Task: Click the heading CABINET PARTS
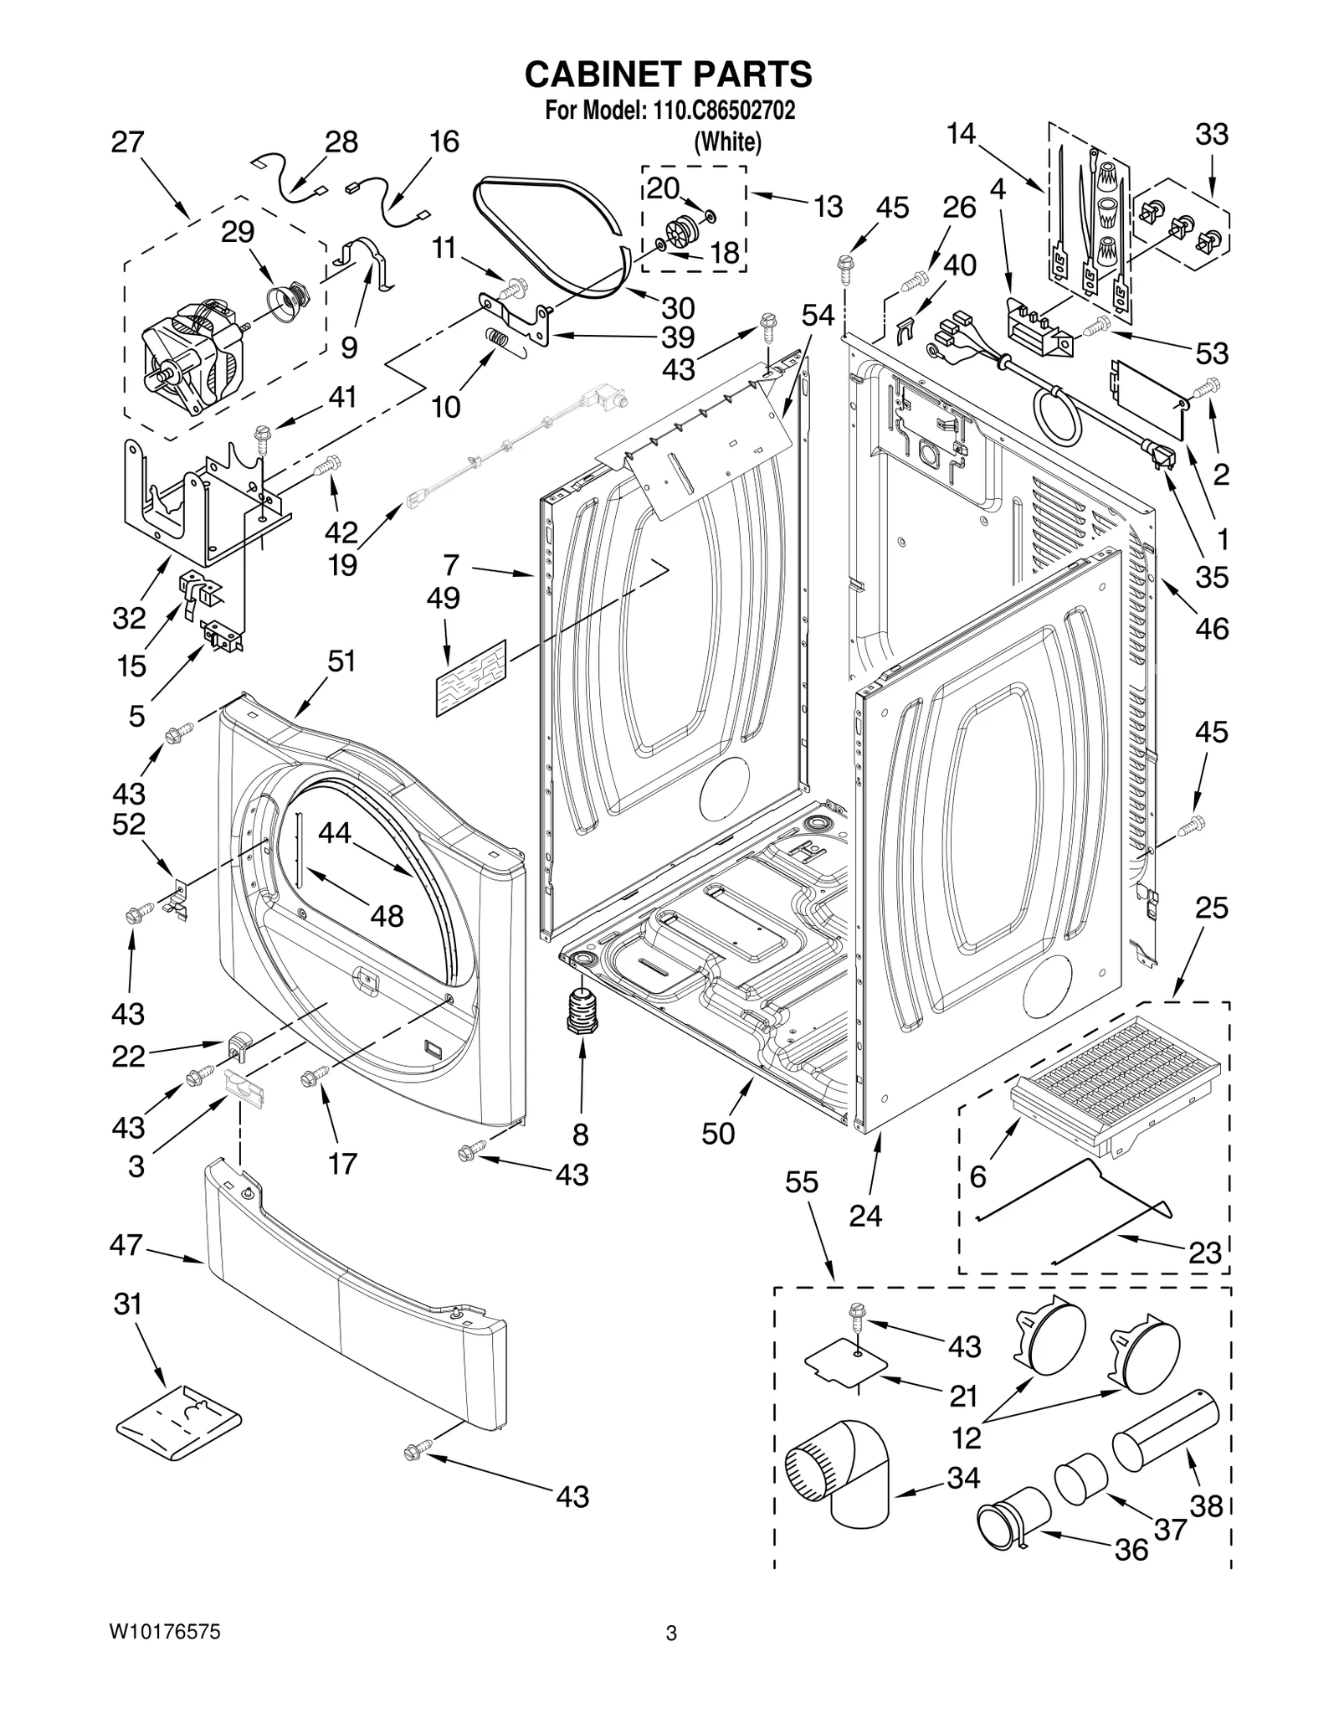tap(668, 75)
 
